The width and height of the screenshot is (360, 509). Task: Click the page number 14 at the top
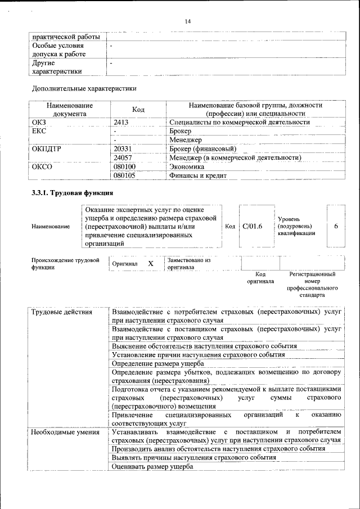point(188,21)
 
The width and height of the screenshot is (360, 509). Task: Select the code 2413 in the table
point(121,122)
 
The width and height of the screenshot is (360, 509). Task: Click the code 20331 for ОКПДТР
point(123,149)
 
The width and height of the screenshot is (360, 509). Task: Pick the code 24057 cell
point(123,158)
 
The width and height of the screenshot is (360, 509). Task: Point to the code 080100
point(124,167)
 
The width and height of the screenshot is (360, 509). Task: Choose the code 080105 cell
point(124,176)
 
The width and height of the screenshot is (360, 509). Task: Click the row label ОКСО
point(42,167)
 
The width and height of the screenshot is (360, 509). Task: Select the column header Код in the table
point(138,110)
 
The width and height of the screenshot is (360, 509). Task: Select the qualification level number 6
point(336,226)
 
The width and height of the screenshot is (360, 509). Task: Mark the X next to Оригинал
point(150,264)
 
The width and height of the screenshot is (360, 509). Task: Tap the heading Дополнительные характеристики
point(84,88)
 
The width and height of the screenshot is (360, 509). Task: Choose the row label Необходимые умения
point(65,432)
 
